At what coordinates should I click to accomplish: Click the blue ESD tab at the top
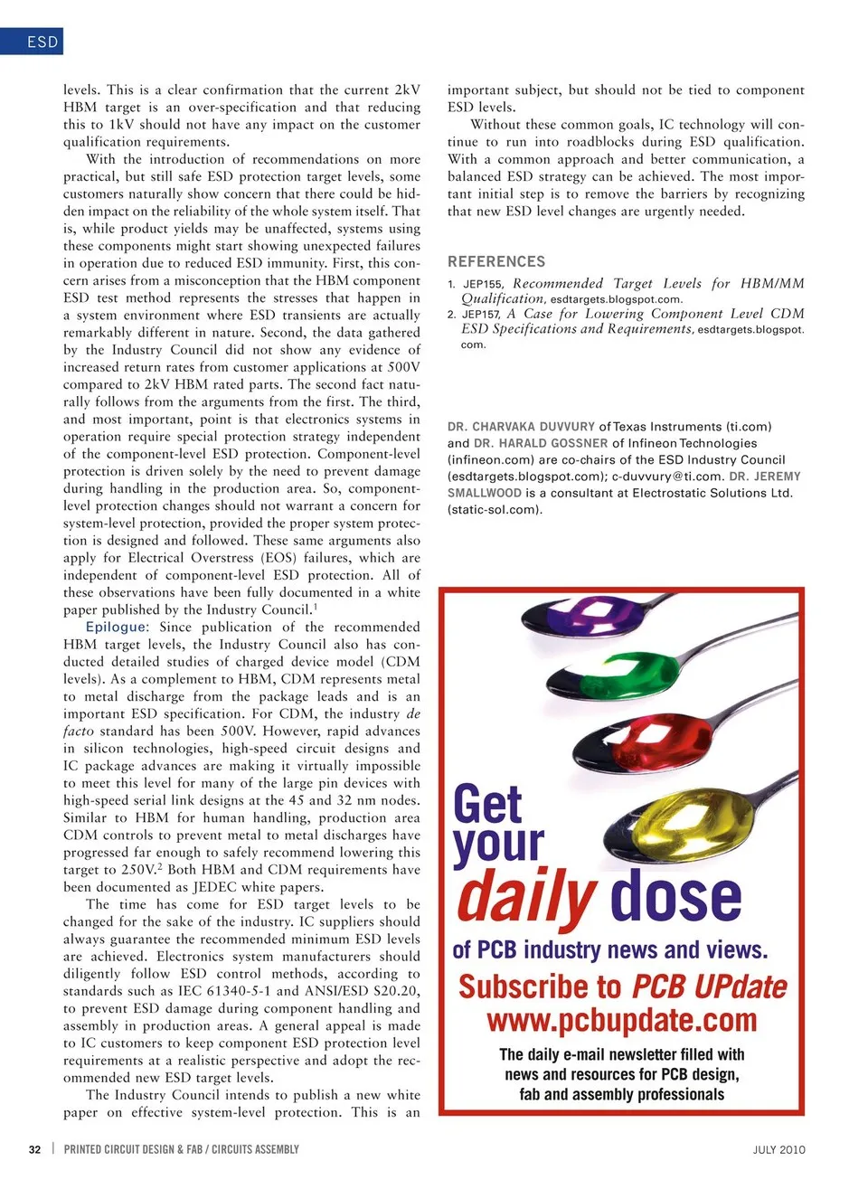click(33, 42)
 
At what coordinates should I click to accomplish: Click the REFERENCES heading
click(496, 261)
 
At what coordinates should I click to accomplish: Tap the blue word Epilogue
click(116, 627)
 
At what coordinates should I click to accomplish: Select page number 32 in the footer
click(34, 1149)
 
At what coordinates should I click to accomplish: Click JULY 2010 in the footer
click(778, 1149)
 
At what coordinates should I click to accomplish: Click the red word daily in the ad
click(525, 895)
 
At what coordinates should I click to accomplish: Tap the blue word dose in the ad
click(676, 895)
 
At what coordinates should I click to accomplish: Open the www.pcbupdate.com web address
click(621, 1020)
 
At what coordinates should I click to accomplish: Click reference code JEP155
click(483, 284)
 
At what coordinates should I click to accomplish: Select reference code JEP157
click(481, 315)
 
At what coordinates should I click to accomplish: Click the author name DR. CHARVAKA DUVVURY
click(521, 427)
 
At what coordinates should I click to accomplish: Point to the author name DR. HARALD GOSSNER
click(541, 443)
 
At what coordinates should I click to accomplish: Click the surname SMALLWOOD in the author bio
click(485, 493)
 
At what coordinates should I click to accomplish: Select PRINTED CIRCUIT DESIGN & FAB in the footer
click(133, 1149)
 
